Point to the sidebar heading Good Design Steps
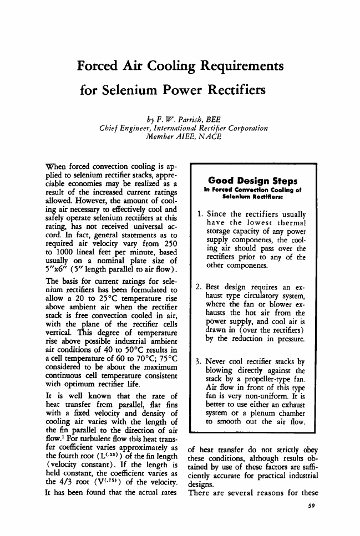[x=252, y=181]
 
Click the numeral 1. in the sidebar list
[x=200, y=215]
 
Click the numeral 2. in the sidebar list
[x=200, y=287]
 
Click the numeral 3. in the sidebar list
[x=200, y=348]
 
